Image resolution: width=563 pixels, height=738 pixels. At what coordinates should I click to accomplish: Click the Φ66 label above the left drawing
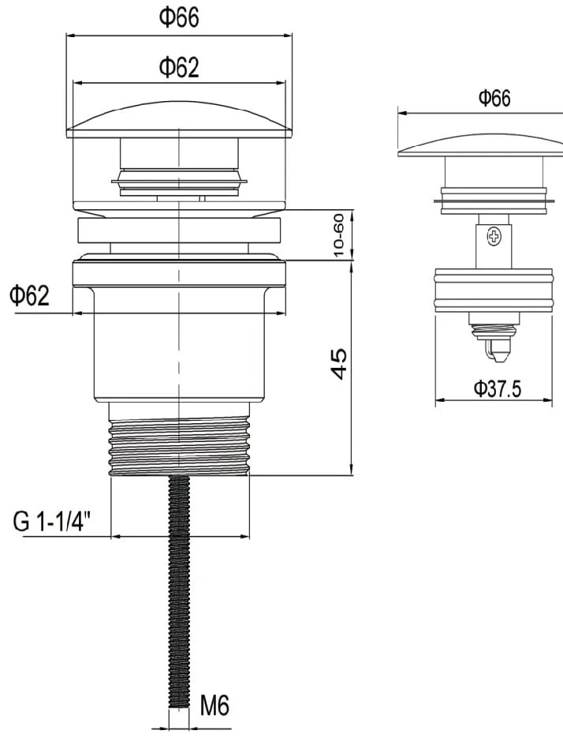tap(179, 17)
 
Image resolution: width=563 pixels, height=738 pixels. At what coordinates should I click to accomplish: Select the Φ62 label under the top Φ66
tap(179, 67)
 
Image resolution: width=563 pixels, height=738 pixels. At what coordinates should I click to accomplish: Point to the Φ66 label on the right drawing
tap(494, 98)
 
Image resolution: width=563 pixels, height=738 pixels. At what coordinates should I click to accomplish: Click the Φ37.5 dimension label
tap(497, 389)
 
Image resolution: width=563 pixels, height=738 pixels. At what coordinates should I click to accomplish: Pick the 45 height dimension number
tap(340, 363)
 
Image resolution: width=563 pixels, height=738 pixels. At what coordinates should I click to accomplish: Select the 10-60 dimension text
tap(340, 235)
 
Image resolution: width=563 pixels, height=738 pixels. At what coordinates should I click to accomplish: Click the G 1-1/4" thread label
tap(52, 522)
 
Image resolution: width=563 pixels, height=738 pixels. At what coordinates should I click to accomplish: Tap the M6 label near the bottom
tap(214, 706)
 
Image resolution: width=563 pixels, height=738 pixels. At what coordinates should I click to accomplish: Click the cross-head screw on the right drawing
tap(494, 236)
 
